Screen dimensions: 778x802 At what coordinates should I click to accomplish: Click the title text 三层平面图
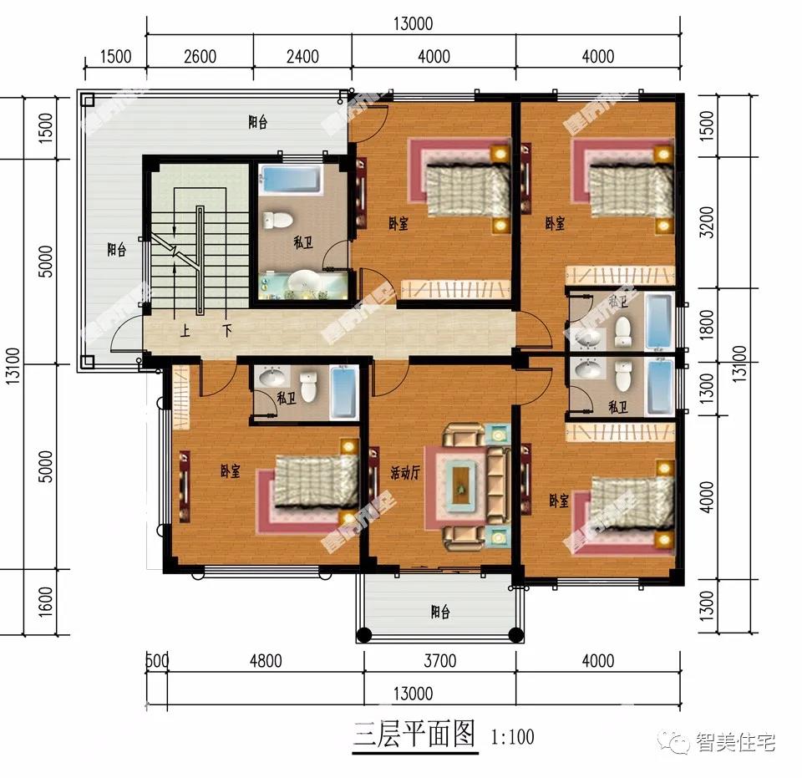(x=414, y=735)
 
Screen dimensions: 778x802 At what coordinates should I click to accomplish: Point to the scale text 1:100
(x=512, y=737)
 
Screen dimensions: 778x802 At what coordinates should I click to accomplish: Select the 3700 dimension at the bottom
(x=439, y=661)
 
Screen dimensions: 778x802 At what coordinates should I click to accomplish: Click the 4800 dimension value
(x=266, y=661)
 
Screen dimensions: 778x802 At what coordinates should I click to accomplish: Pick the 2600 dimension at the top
(x=200, y=57)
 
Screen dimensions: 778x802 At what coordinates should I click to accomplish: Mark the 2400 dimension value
(x=302, y=57)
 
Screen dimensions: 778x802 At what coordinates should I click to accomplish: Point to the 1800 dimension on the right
(x=706, y=324)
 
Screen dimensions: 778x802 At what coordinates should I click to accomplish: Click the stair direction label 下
(x=226, y=330)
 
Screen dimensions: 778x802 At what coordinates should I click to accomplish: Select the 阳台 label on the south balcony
(x=440, y=612)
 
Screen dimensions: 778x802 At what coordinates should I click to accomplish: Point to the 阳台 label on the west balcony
(x=116, y=249)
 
